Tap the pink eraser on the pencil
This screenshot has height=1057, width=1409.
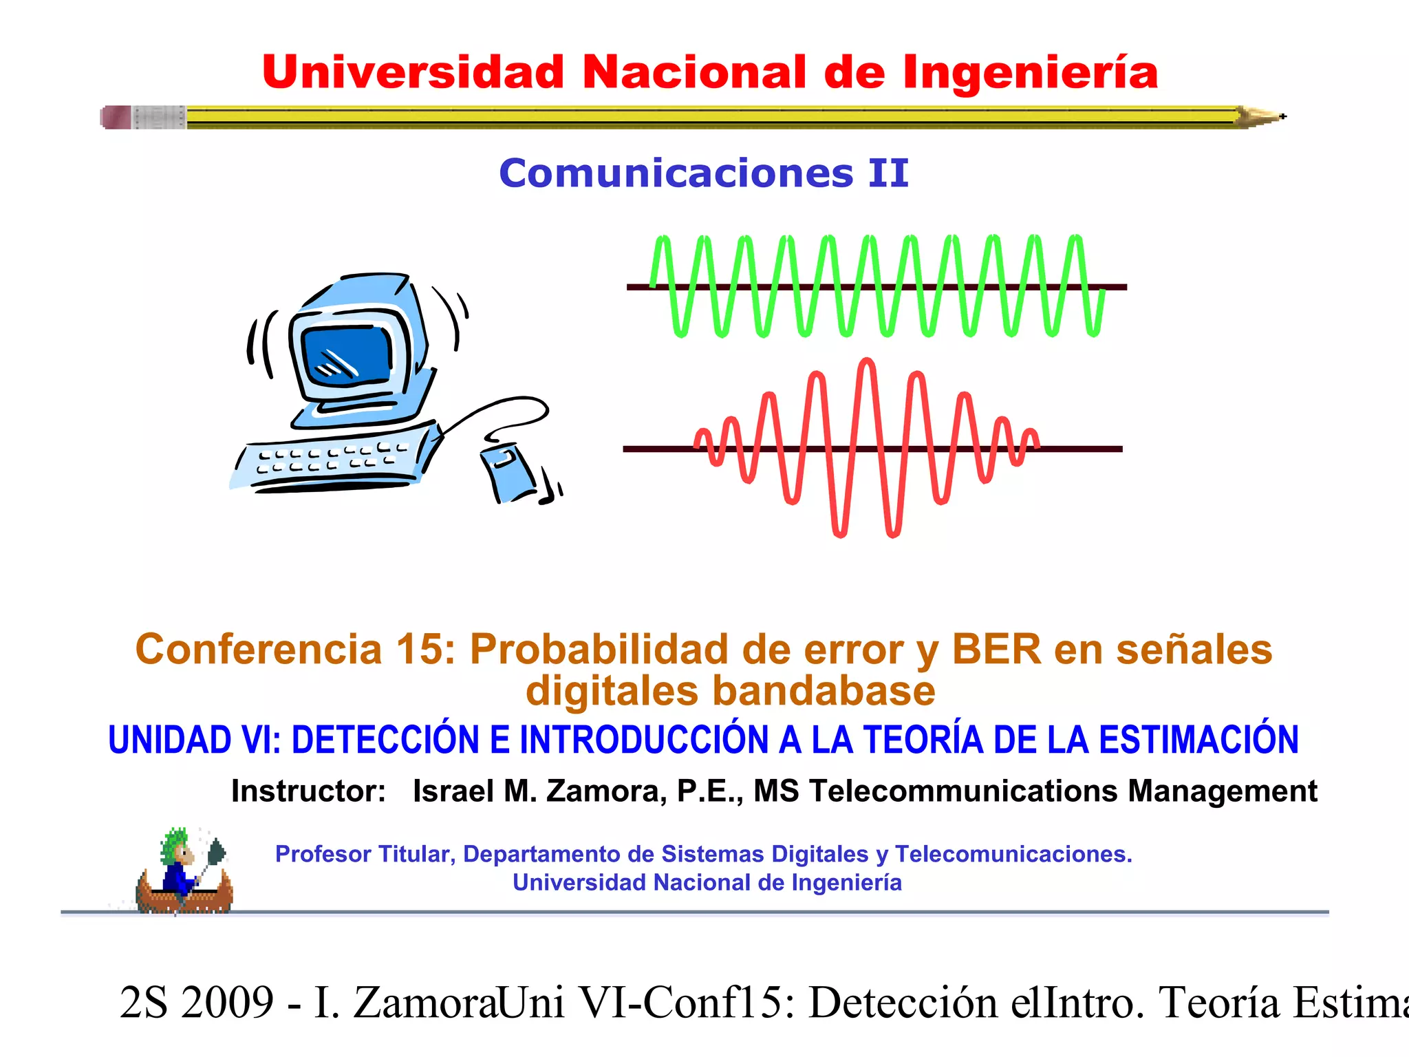pos(116,117)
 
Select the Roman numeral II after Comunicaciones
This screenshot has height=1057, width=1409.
pos(888,173)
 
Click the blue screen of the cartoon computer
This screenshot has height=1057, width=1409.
pos(347,355)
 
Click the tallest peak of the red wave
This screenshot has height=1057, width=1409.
pos(868,363)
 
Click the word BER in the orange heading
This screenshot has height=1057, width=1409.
pos(996,649)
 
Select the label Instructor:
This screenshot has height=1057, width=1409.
pos(308,791)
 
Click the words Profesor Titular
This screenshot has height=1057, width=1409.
pos(363,854)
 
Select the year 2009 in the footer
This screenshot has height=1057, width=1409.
pos(228,1003)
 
